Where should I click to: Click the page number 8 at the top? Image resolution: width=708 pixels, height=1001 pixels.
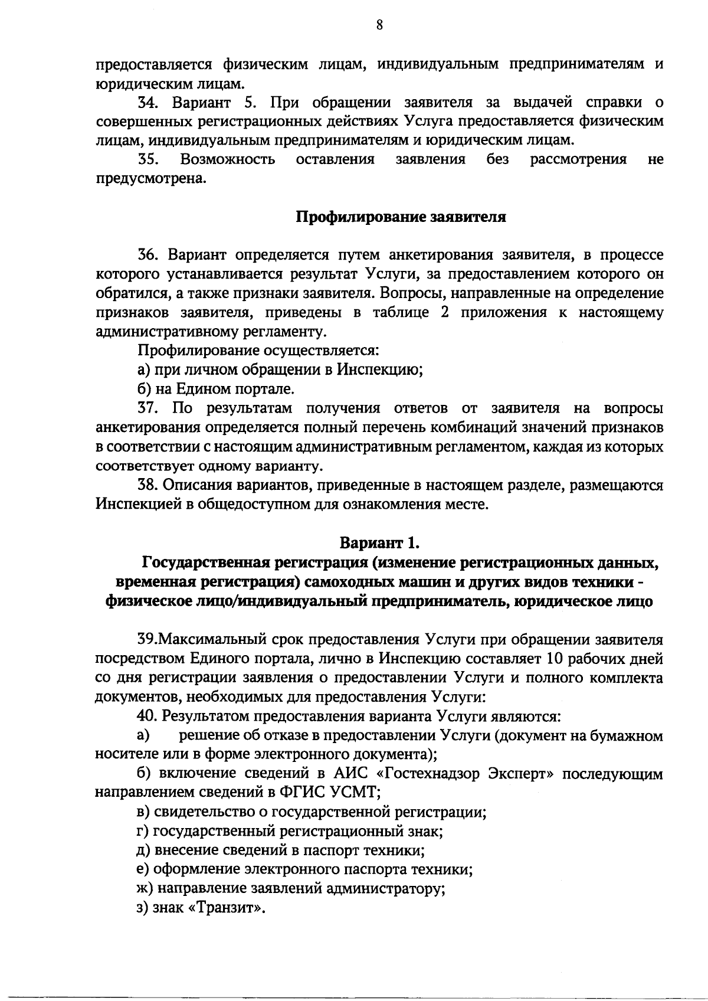click(x=379, y=25)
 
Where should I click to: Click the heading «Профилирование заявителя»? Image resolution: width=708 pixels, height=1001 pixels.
click(x=401, y=217)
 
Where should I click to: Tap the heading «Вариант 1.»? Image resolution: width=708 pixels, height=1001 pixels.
click(x=379, y=542)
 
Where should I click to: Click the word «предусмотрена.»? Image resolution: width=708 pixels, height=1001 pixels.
click(x=151, y=178)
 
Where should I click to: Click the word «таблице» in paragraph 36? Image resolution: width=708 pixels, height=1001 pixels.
click(x=400, y=312)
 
